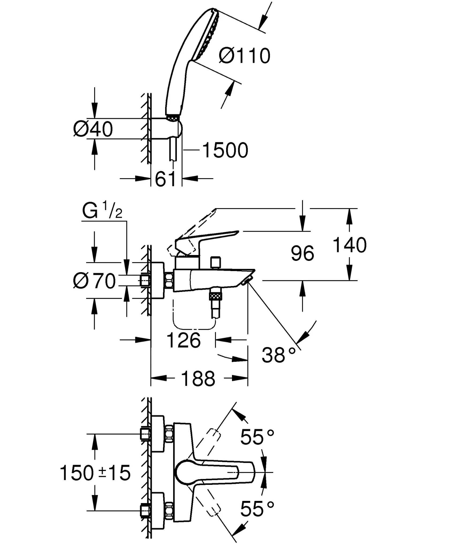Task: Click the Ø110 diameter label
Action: pos(244,56)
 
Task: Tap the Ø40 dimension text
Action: pos(93,129)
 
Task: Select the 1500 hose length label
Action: pos(225,150)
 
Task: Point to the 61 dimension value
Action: pos(166,179)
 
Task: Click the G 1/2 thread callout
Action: pos(102,211)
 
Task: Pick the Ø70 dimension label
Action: pos(94,281)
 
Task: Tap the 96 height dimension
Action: pos(302,253)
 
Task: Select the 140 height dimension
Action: pos(349,245)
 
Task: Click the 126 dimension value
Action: pos(183,340)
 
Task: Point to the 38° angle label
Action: pos(279,355)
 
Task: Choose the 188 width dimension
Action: pos(198,379)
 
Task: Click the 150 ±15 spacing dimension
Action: pos(95,473)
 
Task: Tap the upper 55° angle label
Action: pos(257,437)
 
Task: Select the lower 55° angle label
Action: pos(257,509)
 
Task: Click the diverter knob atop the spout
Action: pos(215,262)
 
